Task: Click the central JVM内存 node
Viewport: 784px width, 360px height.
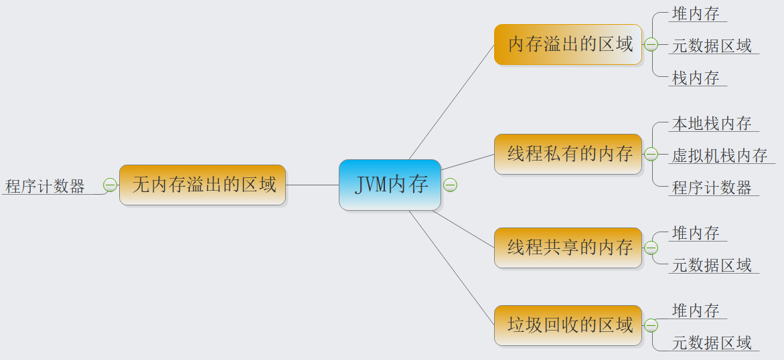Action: click(390, 185)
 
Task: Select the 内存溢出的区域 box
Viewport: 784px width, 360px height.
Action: click(568, 45)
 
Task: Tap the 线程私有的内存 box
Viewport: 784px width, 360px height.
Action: click(568, 155)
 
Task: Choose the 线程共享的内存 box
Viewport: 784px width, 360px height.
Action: click(568, 248)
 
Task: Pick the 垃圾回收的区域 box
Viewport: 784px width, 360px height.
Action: click(568, 326)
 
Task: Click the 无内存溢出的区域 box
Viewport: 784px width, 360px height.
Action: click(202, 185)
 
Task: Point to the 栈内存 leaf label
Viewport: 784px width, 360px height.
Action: click(696, 78)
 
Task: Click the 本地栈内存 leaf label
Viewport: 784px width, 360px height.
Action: click(712, 124)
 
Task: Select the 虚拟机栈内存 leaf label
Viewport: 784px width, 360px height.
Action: click(720, 156)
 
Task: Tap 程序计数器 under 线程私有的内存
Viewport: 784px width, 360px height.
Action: click(712, 188)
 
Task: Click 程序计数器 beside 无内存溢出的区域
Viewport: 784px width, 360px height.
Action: click(46, 187)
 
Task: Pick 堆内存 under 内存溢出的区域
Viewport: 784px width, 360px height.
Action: click(696, 13)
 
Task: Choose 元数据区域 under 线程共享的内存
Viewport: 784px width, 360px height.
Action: click(712, 266)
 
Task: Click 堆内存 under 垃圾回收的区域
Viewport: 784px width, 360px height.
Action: click(696, 311)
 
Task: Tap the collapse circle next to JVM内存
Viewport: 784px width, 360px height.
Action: click(451, 185)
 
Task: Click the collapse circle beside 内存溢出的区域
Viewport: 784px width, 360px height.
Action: click(651, 45)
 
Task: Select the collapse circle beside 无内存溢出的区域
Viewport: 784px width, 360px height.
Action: click(110, 185)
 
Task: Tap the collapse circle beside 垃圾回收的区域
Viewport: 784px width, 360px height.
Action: click(651, 326)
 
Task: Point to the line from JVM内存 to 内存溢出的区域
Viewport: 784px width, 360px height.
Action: click(451, 102)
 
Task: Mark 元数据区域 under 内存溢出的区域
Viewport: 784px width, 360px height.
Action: click(712, 46)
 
